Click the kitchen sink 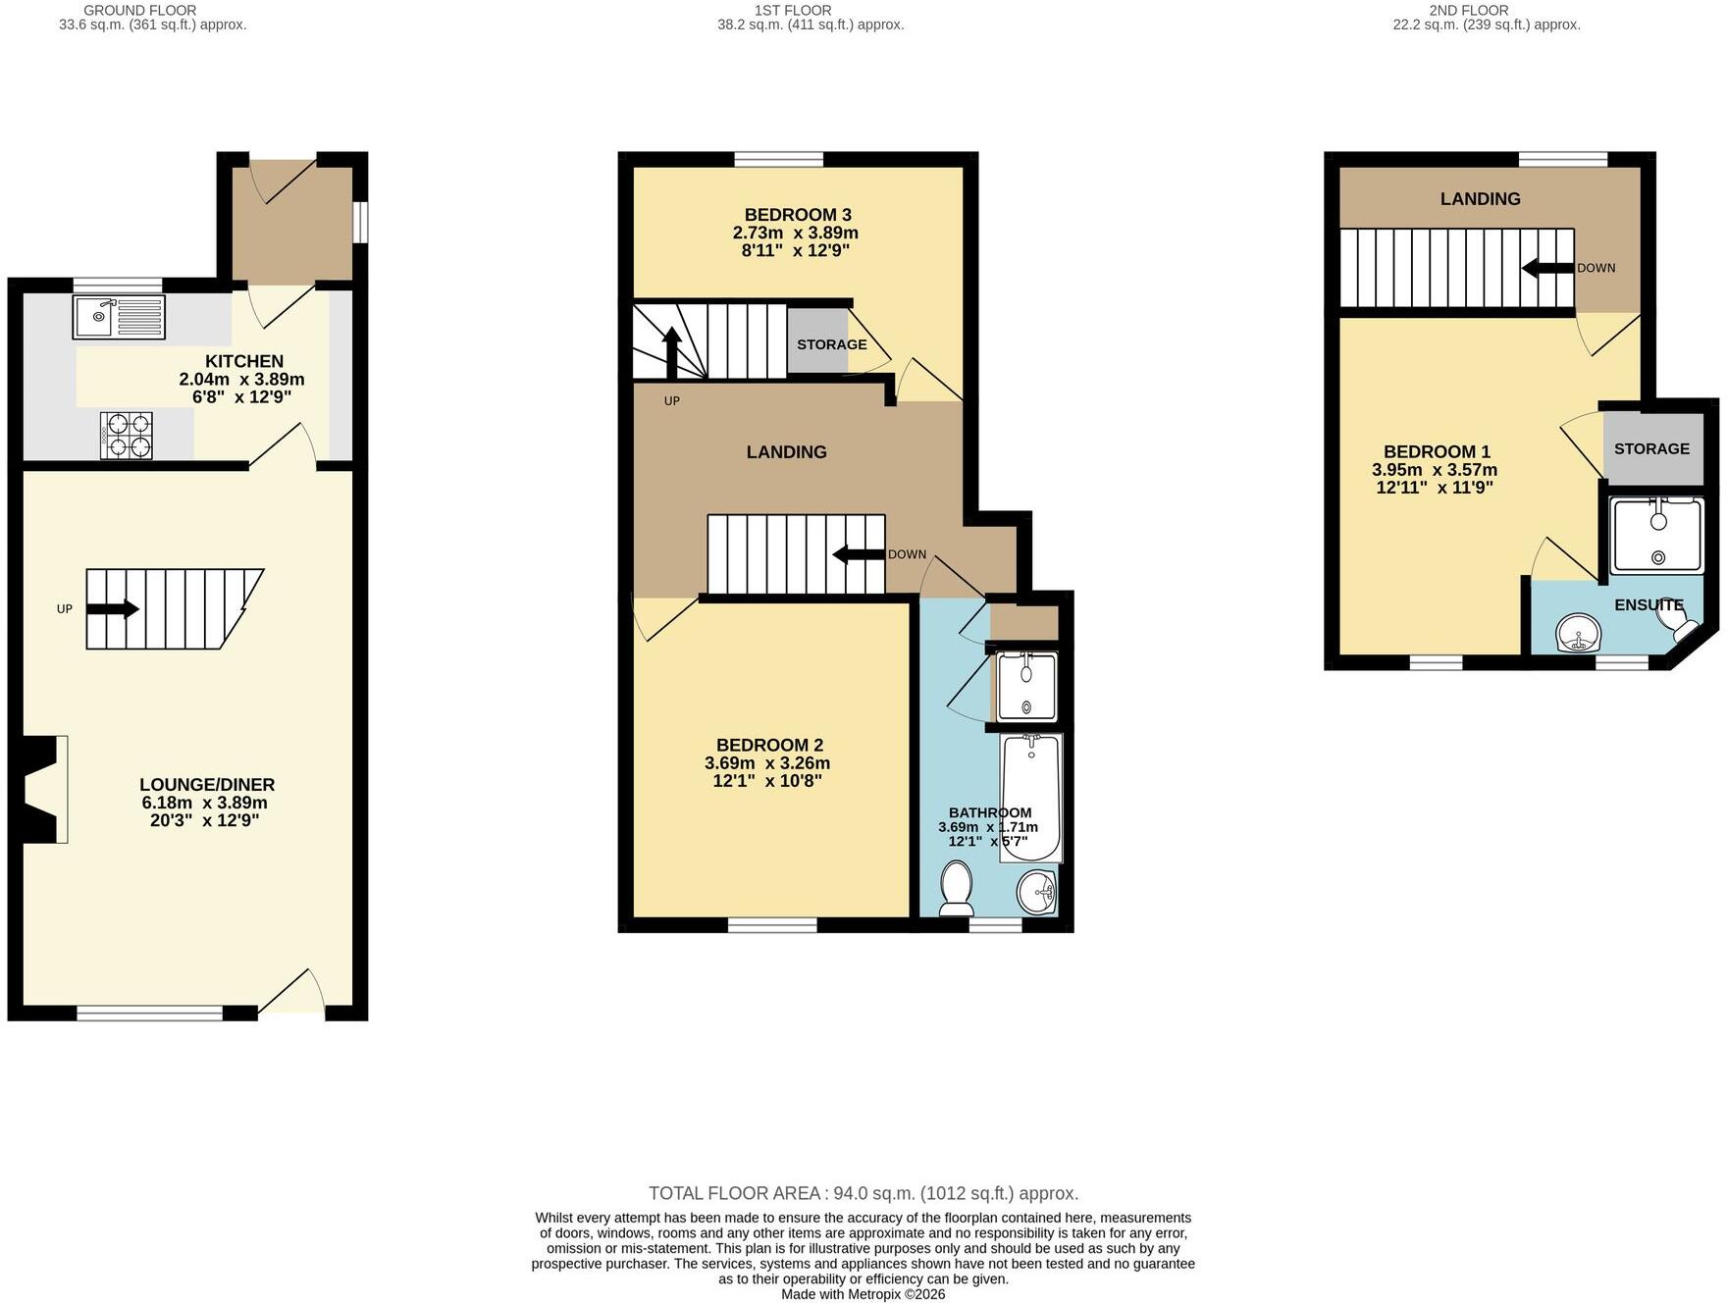[x=119, y=317]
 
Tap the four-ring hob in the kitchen [x=127, y=436]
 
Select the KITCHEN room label [x=244, y=361]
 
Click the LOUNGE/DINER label [x=207, y=785]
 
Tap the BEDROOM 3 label [x=798, y=215]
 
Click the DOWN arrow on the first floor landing [x=859, y=555]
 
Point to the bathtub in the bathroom [x=1030, y=798]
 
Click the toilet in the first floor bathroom [x=956, y=888]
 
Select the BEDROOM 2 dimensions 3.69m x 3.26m [x=767, y=763]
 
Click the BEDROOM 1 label [x=1437, y=452]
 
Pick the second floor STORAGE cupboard [x=1653, y=448]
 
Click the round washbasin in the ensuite [x=1578, y=633]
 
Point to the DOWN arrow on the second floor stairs [x=1548, y=268]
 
